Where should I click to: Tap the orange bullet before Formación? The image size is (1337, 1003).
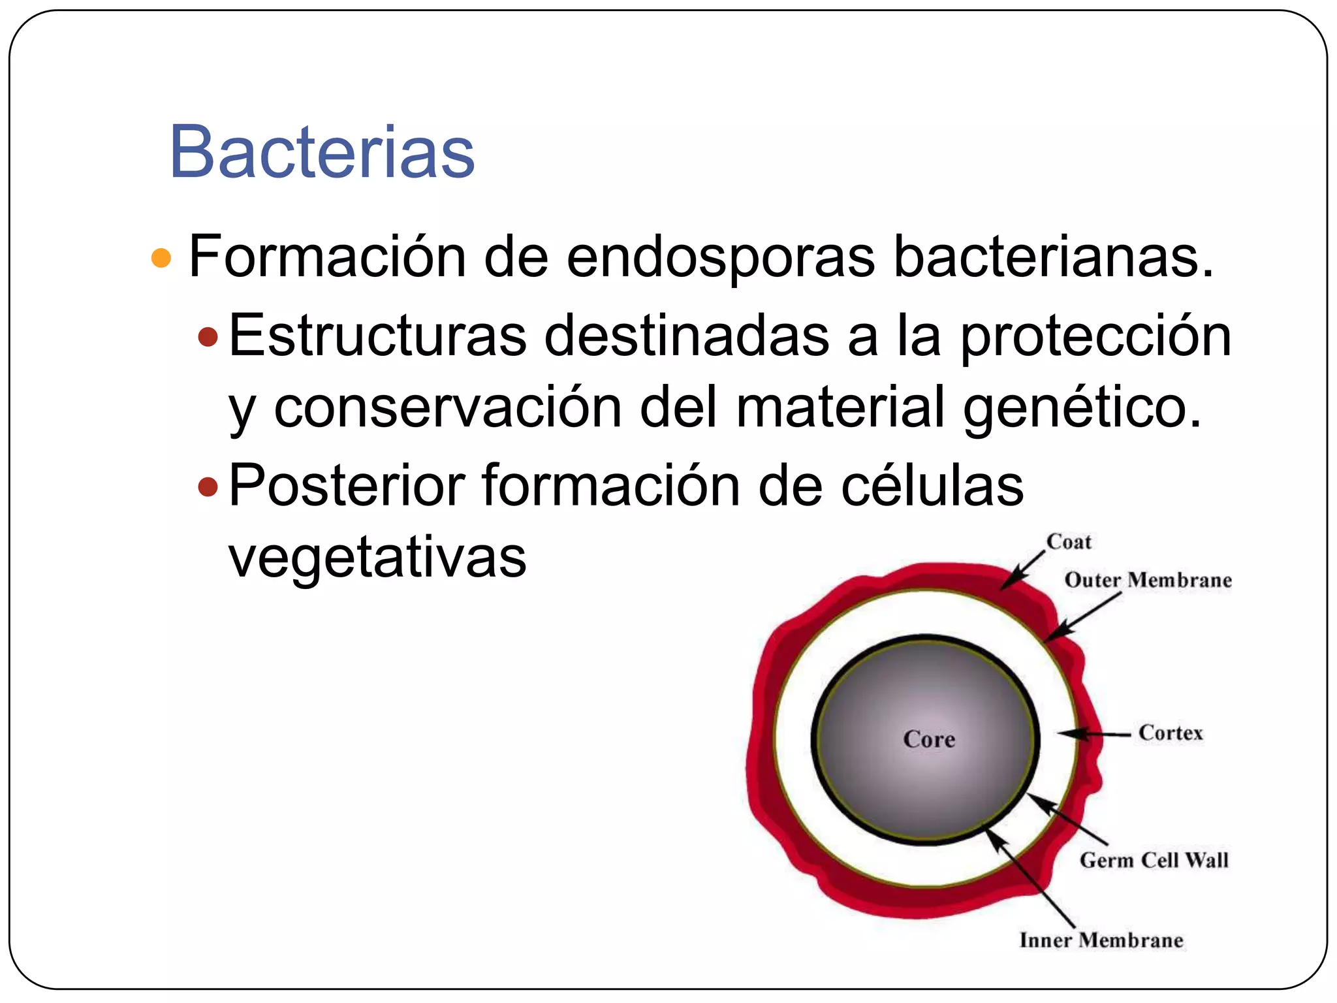[161, 258]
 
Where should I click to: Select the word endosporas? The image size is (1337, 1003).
[720, 258]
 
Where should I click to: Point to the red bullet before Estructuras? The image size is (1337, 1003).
[208, 337]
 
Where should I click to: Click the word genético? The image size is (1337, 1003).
[1082, 409]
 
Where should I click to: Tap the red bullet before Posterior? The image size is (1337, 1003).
[208, 486]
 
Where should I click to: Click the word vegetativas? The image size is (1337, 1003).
[377, 559]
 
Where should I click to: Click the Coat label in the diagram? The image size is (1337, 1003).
[1069, 542]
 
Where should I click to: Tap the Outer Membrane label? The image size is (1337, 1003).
[1148, 580]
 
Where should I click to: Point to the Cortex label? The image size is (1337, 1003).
[1171, 733]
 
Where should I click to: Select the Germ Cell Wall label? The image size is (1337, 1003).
[1154, 860]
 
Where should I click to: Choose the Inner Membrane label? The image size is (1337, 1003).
[1101, 940]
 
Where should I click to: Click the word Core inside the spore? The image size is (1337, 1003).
[929, 739]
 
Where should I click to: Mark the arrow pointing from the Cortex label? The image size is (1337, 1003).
[1093, 735]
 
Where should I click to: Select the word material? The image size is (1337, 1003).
[840, 407]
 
